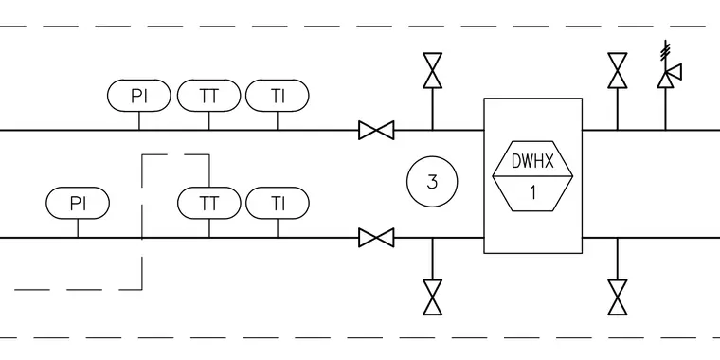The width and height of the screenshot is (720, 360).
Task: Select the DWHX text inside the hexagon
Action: (532, 161)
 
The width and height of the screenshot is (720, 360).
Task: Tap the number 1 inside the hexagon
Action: (533, 193)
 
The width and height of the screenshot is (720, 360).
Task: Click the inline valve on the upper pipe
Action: (376, 130)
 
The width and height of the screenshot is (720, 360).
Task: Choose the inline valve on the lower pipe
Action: (376, 238)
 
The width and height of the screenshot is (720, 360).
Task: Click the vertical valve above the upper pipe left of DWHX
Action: (433, 70)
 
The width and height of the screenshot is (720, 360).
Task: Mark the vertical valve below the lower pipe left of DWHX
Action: (433, 297)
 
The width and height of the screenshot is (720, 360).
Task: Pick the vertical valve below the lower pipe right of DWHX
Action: (618, 297)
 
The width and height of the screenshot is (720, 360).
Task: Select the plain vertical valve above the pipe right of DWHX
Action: (618, 70)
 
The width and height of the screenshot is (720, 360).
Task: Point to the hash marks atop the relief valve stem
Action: (665, 50)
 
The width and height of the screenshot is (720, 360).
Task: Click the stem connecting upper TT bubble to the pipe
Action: (209, 120)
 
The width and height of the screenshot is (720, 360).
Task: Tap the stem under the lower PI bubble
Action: (78, 228)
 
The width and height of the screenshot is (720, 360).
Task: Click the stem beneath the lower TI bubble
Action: (278, 228)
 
